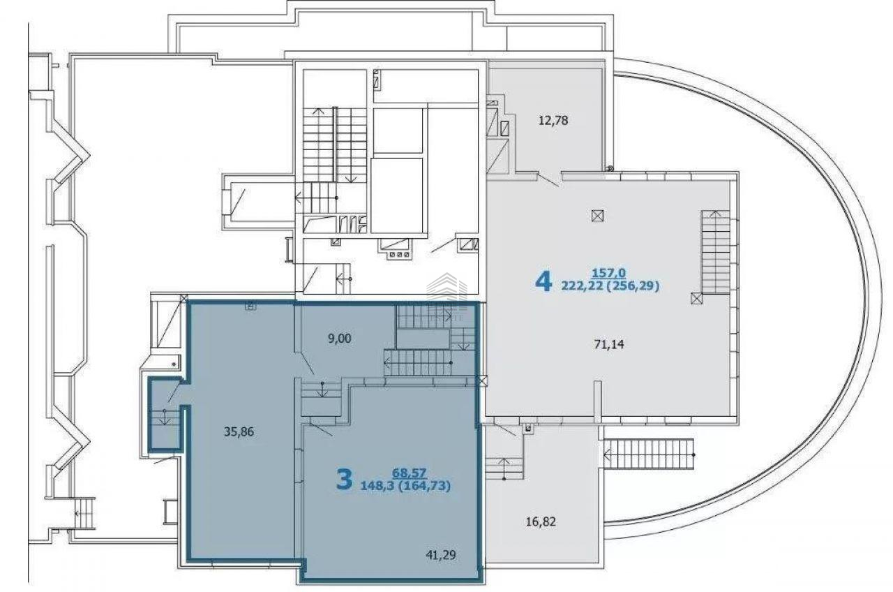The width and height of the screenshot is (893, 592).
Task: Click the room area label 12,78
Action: coord(553,121)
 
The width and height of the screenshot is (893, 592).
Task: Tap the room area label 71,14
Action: coord(609,344)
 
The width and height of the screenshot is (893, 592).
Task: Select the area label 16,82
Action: coord(541,521)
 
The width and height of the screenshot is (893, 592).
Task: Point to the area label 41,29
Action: coord(441,555)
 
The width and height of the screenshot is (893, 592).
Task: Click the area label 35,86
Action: coord(239,431)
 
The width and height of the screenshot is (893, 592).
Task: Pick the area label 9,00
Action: coord(340,339)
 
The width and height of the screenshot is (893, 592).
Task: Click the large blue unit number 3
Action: coord(345,479)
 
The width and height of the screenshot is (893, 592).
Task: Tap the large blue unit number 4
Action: coord(543,283)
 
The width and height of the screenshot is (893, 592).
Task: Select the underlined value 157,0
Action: coord(609,273)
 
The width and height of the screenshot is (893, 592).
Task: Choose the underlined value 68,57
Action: coord(410,473)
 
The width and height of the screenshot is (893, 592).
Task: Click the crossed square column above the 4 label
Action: coord(597,216)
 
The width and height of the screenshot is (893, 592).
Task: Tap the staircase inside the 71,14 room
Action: coord(716,252)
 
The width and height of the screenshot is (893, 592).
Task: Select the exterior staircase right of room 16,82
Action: coord(649,454)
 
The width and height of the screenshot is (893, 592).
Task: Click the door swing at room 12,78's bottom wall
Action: coord(549,180)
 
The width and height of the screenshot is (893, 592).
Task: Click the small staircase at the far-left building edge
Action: coord(86,513)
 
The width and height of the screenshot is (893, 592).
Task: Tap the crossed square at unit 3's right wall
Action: coord(482,381)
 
